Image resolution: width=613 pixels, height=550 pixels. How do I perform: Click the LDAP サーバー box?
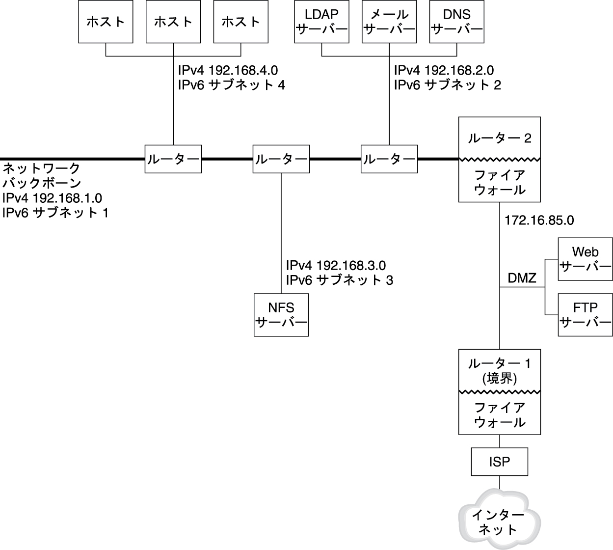coord(321,22)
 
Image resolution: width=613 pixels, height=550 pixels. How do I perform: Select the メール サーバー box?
coord(389,22)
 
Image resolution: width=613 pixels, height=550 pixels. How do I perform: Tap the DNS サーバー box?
coord(456,22)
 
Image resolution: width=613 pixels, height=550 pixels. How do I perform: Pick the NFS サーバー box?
coord(281,315)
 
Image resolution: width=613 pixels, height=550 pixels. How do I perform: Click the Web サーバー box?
coord(586,259)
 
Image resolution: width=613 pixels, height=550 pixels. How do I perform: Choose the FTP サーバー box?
coord(586,315)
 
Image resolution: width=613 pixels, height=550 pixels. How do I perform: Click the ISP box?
coord(500,462)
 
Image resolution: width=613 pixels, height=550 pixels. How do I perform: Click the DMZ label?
coord(522,278)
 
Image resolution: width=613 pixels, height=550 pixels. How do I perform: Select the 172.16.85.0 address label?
coord(539,220)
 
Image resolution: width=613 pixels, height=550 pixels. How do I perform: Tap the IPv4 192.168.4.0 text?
coord(228,70)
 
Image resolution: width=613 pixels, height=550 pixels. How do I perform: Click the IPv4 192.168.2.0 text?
coord(444,70)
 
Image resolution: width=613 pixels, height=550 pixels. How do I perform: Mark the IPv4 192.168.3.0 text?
coord(336,266)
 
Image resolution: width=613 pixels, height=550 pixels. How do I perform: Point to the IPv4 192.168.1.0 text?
coord(52,198)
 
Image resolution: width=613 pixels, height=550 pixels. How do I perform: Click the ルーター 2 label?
coord(500,138)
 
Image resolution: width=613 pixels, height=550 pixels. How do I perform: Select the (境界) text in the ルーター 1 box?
coord(500,379)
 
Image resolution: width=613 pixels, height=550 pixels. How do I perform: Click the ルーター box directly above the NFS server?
coord(281,159)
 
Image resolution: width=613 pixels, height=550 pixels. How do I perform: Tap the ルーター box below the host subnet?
coord(173,159)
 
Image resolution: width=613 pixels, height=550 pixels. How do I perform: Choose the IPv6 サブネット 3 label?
coord(340,280)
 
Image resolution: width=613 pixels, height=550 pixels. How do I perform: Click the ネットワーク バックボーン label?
coord(42,176)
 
